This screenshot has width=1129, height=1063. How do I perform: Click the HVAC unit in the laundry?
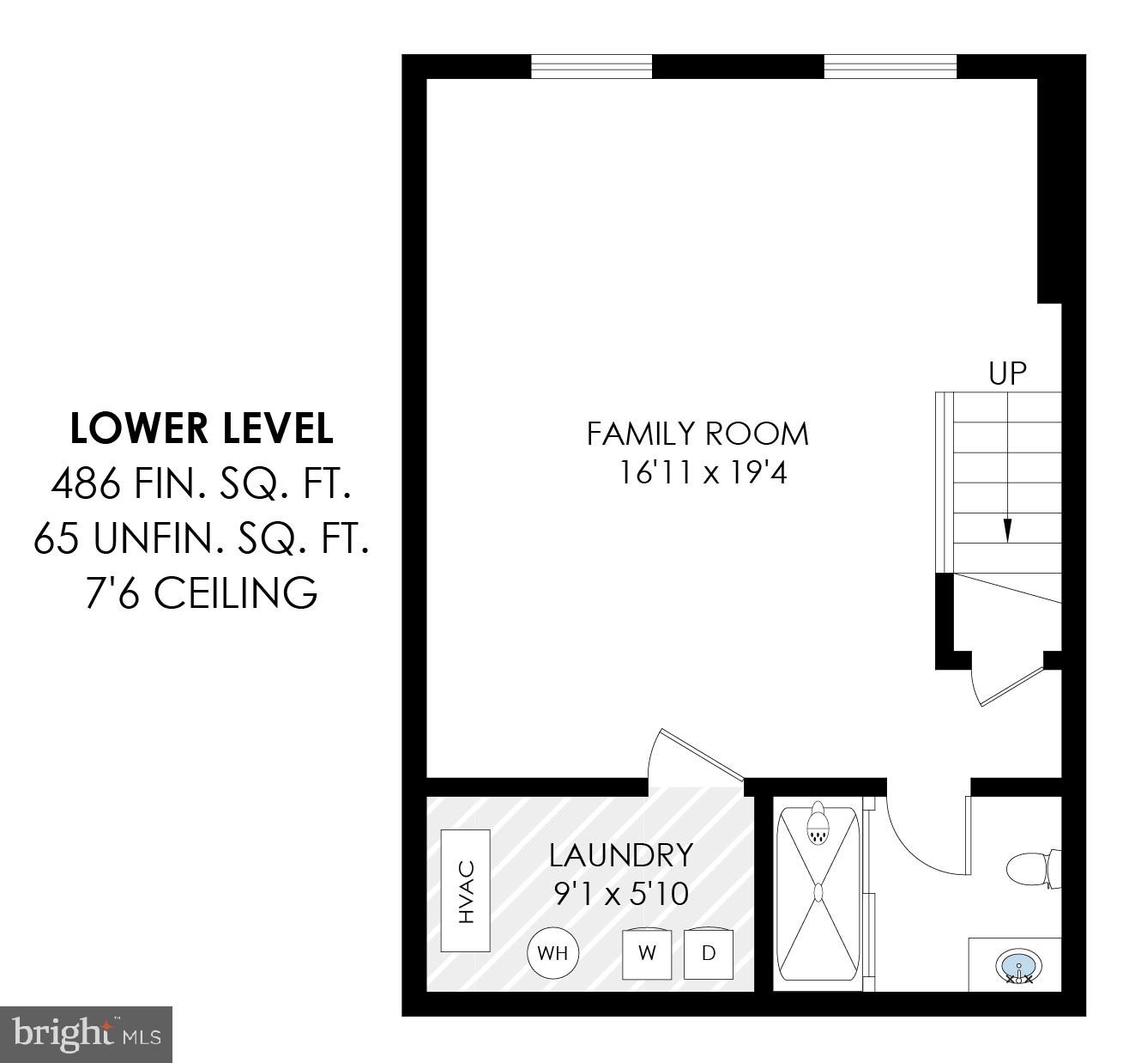coord(465,890)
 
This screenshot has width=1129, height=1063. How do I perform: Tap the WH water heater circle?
coord(552,952)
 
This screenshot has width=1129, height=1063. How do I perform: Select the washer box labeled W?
coord(648,952)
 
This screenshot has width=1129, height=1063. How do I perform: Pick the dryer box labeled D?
coord(709,952)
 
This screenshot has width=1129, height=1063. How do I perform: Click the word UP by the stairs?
coord(1007,374)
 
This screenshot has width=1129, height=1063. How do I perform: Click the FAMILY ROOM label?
coord(697,434)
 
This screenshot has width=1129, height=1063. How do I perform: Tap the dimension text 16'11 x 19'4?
coord(703,472)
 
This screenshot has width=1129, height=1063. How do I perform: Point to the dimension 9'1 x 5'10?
coord(620,894)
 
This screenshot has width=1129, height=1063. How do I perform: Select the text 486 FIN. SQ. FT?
coord(201,485)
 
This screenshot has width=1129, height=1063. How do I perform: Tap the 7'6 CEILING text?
coord(201,592)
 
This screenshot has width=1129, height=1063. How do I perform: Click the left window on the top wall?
coord(591,66)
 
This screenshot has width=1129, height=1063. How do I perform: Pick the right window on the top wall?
coord(890,66)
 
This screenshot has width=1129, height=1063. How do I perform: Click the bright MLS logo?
coord(87,1034)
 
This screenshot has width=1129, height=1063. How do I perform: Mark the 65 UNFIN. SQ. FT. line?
coord(201,539)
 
